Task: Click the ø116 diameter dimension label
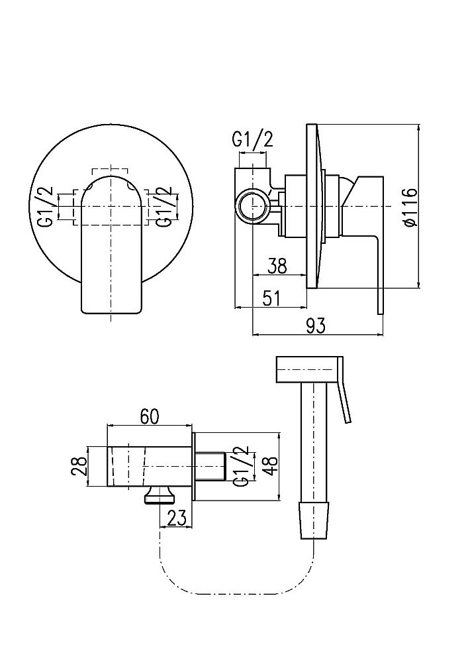(410, 207)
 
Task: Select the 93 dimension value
(316, 326)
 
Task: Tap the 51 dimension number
(271, 298)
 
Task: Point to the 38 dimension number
(277, 267)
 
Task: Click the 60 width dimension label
(150, 417)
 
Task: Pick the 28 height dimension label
(79, 466)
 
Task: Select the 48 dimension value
(270, 466)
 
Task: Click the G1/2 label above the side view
(253, 139)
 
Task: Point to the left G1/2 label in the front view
(47, 207)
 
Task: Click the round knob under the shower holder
(160, 495)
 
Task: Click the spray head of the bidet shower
(308, 371)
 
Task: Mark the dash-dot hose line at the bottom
(236, 593)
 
